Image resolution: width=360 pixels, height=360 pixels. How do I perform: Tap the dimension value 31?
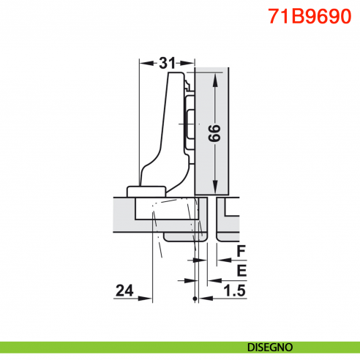[x=168, y=64]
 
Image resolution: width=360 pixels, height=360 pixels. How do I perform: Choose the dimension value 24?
[x=124, y=291]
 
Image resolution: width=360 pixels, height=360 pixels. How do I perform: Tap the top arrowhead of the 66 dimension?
[x=214, y=78]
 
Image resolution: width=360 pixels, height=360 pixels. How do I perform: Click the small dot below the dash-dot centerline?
[x=194, y=300]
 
